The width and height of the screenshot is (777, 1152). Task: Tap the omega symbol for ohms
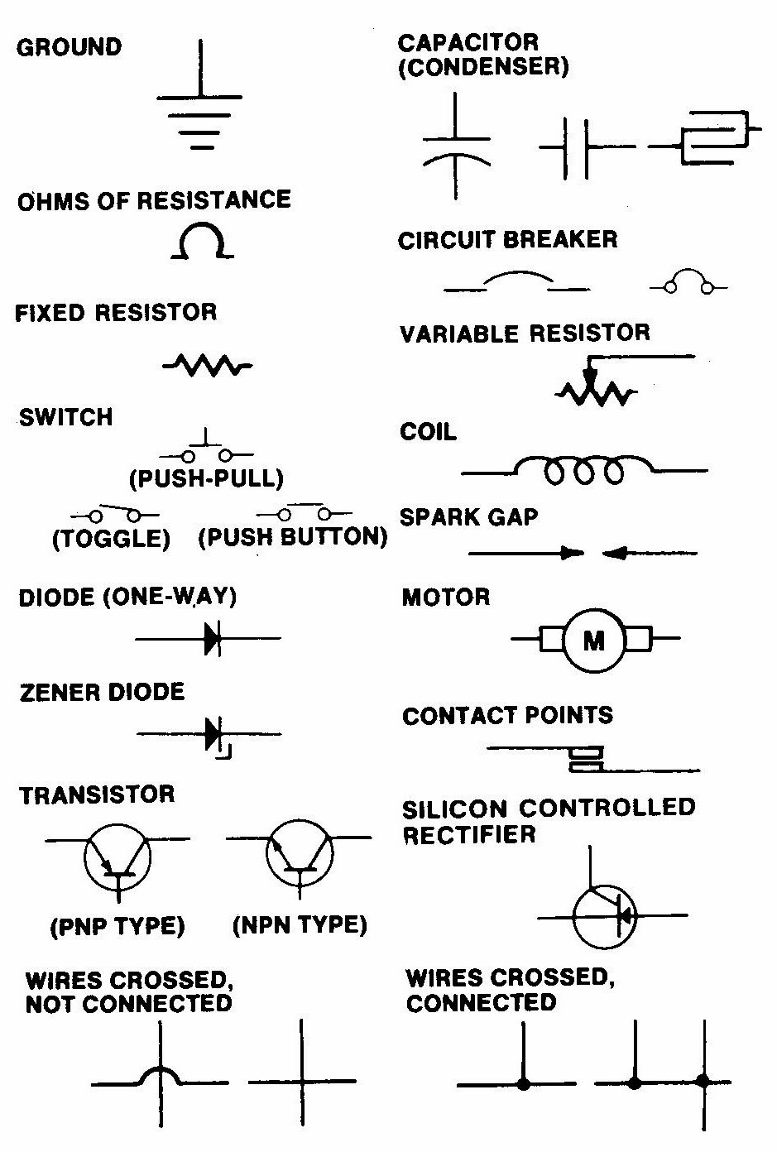[x=199, y=242]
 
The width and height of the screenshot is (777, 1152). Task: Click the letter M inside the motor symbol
[x=594, y=641]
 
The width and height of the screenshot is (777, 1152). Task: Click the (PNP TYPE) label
[x=118, y=925]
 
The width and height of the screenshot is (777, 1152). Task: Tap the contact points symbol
[x=586, y=760]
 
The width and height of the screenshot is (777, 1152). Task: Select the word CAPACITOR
[x=468, y=42]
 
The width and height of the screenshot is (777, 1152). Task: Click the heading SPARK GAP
[x=468, y=517]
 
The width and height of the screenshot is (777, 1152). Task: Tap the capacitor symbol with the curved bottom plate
[x=455, y=146]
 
